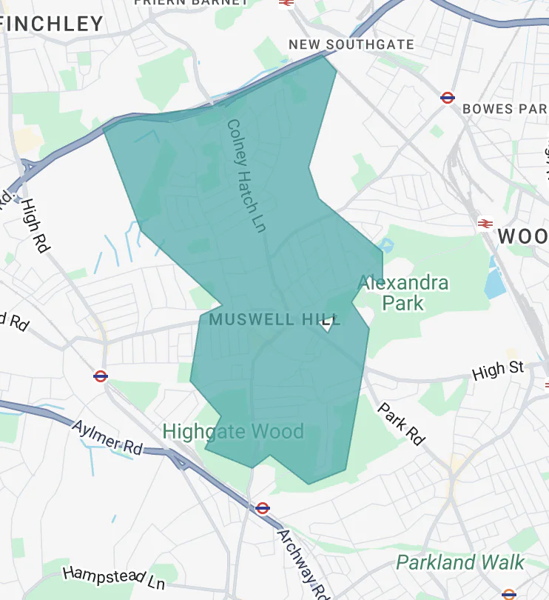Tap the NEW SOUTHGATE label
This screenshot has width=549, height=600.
tap(351, 44)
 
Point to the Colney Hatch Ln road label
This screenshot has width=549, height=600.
tap(246, 176)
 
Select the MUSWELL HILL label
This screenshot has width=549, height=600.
tap(274, 320)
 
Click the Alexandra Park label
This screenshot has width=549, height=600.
tap(403, 293)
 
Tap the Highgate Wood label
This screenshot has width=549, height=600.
tap(233, 431)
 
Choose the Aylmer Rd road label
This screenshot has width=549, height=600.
tap(107, 436)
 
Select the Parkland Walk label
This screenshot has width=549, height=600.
tap(460, 562)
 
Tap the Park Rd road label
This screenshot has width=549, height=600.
tap(402, 424)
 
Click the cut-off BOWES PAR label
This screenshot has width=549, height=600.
tap(504, 109)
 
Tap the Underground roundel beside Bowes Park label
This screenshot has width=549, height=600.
tap(447, 97)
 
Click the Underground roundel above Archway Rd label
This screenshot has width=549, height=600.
tap(262, 508)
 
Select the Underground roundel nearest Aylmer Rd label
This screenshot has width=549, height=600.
tap(101, 376)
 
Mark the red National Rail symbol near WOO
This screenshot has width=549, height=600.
tap(485, 223)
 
